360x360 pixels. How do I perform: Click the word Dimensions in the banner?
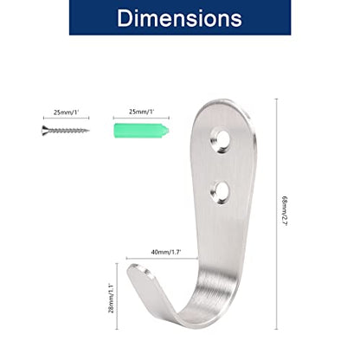click(179, 18)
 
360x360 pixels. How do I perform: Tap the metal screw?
click(66, 131)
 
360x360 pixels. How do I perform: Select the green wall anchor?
click(141, 131)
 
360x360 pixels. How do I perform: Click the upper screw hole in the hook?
click(221, 140)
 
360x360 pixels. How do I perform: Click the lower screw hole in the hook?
click(220, 192)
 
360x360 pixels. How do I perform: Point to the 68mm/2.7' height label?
click(285, 211)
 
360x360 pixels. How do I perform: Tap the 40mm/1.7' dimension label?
click(166, 252)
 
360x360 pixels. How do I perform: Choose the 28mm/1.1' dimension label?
click(111, 299)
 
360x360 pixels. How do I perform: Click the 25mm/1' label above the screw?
click(66, 112)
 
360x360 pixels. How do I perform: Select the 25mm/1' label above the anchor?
click(141, 112)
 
